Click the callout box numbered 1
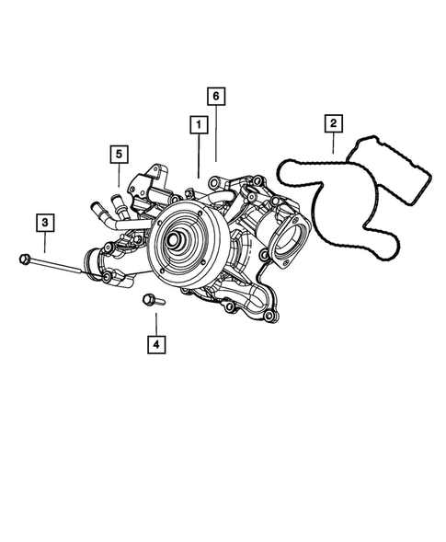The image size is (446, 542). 197,122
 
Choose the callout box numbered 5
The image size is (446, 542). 119,153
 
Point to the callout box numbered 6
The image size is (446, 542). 215,96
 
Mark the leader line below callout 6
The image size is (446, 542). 215,133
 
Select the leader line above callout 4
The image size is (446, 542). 156,323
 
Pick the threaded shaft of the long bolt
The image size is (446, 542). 59,268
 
